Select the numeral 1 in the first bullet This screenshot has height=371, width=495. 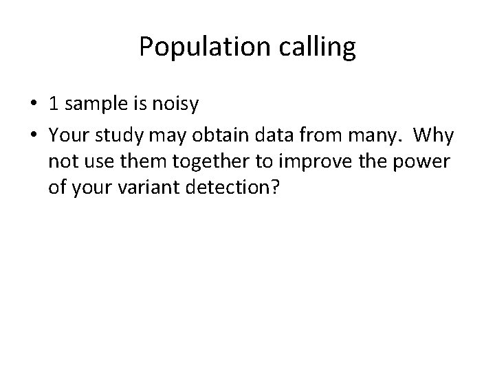pyautogui.click(x=53, y=104)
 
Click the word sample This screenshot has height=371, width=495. pyautogui.click(x=93, y=104)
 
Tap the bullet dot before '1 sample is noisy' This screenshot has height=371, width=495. pyautogui.click(x=33, y=105)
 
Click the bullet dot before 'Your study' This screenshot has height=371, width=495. pyautogui.click(x=33, y=137)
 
